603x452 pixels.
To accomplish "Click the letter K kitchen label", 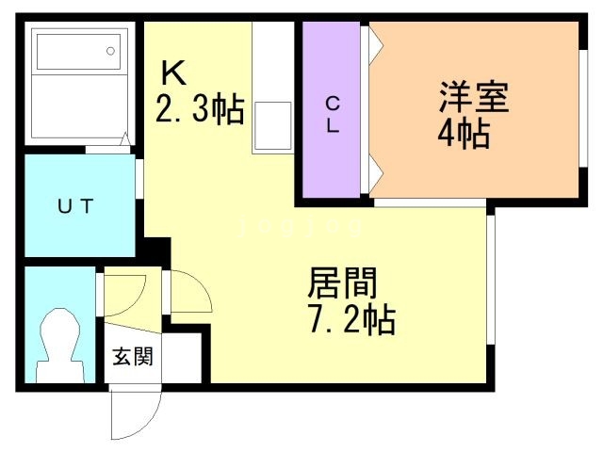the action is [173, 73].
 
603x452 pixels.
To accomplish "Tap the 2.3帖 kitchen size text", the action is [200, 108].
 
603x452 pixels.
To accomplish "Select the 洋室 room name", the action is [474, 96].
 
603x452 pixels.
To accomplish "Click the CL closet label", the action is [333, 115].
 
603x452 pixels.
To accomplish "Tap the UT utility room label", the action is [75, 205].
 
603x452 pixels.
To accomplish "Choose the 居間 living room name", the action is [342, 283].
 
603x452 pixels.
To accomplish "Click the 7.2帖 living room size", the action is [351, 320].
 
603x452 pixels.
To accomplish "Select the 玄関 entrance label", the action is [133, 356].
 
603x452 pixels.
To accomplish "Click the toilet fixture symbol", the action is [60, 346].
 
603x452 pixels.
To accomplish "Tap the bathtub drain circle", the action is [111, 51].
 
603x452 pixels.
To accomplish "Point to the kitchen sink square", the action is [272, 125].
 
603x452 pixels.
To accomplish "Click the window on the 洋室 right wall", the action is [583, 108].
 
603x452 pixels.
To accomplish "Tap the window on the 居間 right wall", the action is [490, 280].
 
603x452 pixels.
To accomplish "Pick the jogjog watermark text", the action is [300, 227].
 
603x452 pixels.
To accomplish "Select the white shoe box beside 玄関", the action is [182, 358].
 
